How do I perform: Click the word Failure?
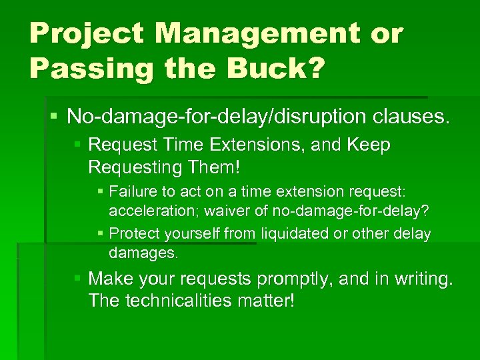click(x=131, y=193)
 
